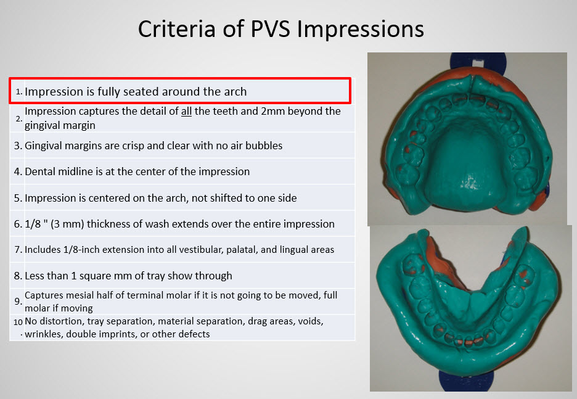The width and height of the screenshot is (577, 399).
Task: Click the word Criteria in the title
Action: click(177, 29)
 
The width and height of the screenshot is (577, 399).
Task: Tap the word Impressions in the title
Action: click(360, 30)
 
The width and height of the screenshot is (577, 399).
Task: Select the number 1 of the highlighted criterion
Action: click(18, 92)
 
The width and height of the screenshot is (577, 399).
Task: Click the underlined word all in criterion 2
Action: click(186, 111)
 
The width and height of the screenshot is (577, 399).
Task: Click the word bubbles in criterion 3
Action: click(264, 146)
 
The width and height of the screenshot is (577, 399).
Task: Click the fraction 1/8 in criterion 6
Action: click(33, 224)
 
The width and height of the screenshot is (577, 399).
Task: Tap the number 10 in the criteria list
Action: click(18, 323)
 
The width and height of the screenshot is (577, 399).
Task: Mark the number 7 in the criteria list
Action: click(18, 250)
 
